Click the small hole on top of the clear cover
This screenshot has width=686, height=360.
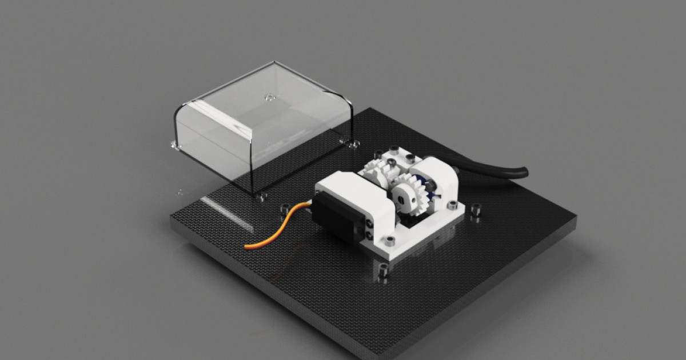tap(268, 97)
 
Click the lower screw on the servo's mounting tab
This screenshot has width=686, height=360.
tap(370, 234)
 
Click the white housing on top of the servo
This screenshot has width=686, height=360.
tap(352, 194)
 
